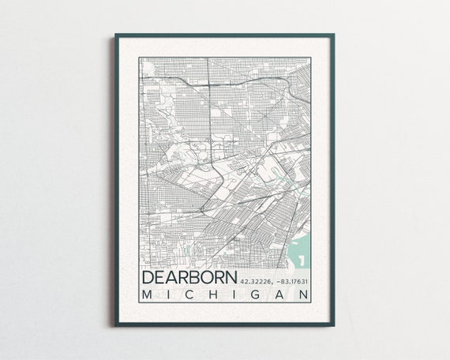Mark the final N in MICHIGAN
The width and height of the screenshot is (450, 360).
pos(305,295)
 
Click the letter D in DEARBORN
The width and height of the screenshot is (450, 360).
pos(148,279)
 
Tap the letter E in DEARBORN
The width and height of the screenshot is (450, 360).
pos(160,279)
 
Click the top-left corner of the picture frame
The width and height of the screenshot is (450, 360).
pos(114,35)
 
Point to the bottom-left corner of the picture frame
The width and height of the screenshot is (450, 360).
pos(114,325)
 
